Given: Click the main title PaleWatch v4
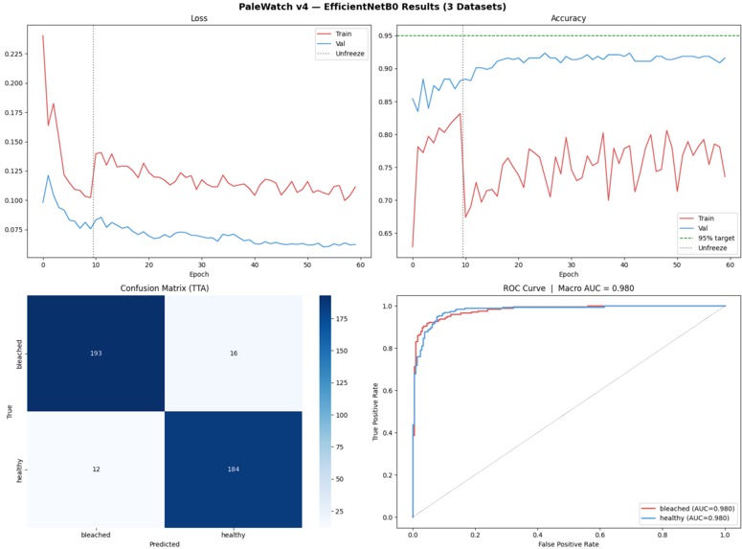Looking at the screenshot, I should tap(371, 7).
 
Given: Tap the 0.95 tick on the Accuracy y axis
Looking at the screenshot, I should tap(388, 35).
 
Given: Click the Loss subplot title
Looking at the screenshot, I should tap(198, 17).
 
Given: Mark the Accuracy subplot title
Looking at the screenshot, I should tap(569, 17).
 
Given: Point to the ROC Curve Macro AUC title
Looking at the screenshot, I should tap(569, 287).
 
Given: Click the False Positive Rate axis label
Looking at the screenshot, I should tap(569, 542).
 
